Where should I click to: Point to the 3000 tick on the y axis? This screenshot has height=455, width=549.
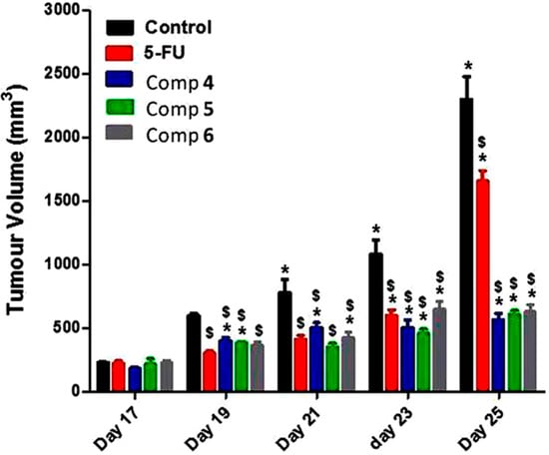(76, 9)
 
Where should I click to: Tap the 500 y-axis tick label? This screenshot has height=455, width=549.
(81, 328)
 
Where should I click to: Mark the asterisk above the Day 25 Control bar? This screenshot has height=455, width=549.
(467, 66)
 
